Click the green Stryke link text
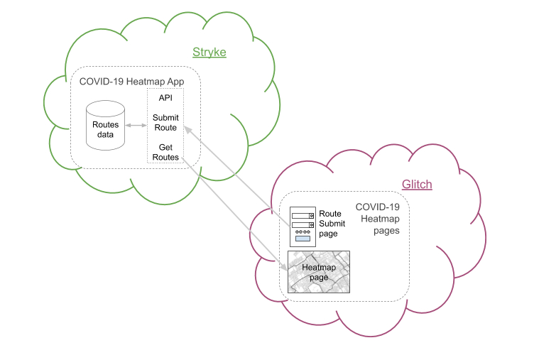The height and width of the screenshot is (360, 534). coord(209,53)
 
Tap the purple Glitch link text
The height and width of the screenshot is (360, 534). coord(417,185)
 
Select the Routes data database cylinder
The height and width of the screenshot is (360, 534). coord(105,126)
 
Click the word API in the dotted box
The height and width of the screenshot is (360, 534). coord(165,98)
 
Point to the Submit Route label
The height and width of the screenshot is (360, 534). coord(165,123)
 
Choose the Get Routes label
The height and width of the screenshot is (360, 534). coord(165,152)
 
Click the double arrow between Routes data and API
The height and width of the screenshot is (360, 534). coord(136,126)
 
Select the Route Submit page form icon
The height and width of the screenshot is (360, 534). coord(303,226)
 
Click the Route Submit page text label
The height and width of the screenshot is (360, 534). coord(332,224)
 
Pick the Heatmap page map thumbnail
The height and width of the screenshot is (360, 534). coord(318,272)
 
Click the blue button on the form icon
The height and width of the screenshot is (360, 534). coord(303,239)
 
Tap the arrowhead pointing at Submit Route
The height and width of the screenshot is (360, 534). coord(187,129)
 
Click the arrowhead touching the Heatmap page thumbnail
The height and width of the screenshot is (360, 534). coord(283,268)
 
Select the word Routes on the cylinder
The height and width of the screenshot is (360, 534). coord(105,125)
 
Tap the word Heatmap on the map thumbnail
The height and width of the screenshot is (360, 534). coord(318,268)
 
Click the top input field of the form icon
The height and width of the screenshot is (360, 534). coord(303,215)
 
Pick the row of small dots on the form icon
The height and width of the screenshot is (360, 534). coord(303,232)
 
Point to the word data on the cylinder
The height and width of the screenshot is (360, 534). coord(105,134)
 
